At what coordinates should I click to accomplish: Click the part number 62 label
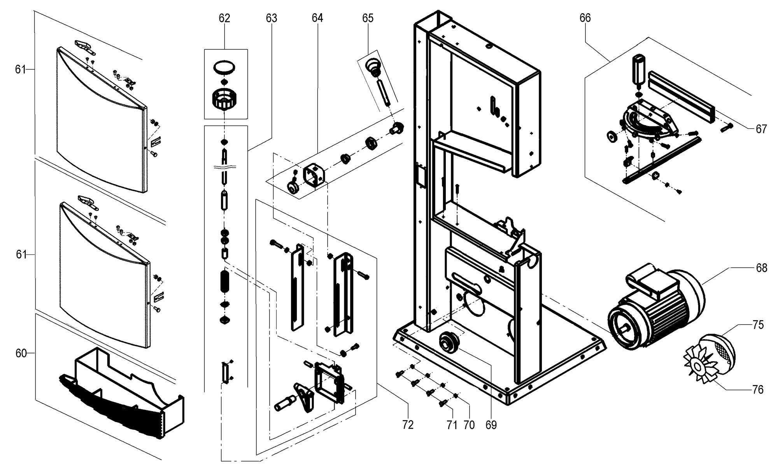pos(224,18)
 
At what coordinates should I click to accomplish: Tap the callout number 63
pos(272,18)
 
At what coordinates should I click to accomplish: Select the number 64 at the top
pos(317,18)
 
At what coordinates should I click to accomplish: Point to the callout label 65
pos(368,18)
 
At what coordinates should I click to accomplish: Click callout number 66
pos(585,18)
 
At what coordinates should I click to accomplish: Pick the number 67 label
pos(761,129)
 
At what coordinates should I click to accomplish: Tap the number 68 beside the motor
pos(761,268)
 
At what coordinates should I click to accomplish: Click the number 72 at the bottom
pos(408,425)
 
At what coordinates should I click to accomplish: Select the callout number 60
pos(21,353)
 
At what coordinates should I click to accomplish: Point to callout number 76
pos(758,389)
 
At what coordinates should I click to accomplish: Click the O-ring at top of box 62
pos(225,67)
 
